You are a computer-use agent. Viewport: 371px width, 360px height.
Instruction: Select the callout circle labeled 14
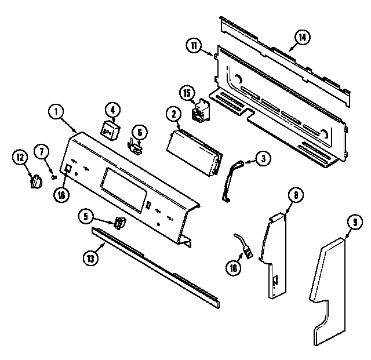tap(301, 38)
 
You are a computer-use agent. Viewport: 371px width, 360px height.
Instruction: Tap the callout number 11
tap(194, 45)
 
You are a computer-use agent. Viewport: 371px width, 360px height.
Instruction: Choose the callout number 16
tap(61, 195)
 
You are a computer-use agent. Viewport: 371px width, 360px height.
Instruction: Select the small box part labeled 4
tap(110, 131)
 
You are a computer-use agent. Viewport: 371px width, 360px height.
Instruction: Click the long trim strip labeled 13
tap(157, 267)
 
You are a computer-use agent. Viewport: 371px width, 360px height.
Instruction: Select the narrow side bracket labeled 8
tap(275, 255)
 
